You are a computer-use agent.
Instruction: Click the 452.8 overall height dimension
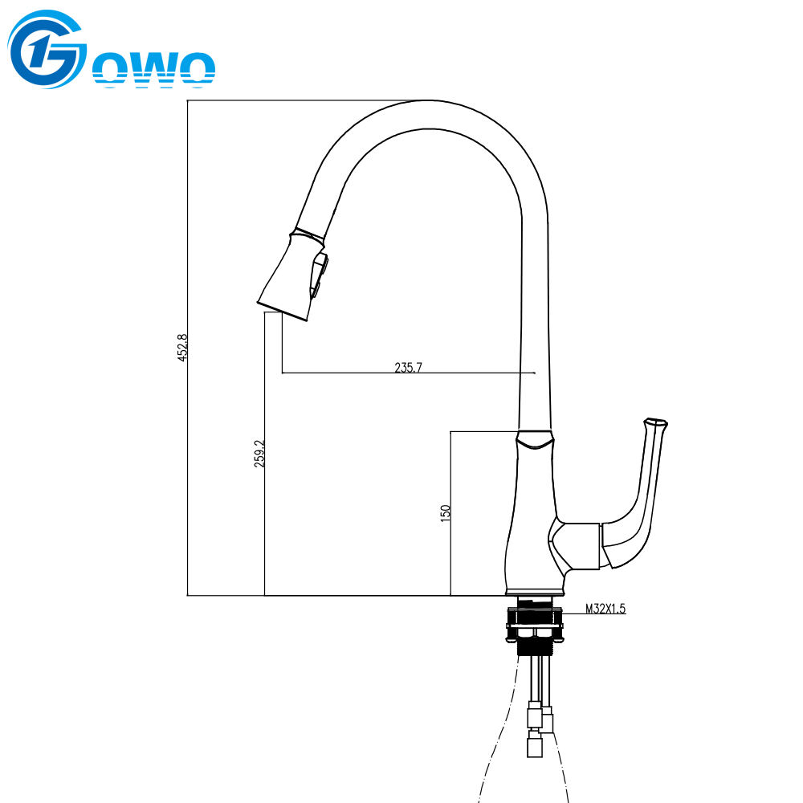[182, 348]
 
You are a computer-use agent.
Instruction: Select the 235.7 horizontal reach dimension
[408, 368]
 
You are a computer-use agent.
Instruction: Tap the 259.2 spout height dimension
[259, 454]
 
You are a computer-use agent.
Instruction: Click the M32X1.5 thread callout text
[605, 609]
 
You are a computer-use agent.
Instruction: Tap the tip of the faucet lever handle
[656, 422]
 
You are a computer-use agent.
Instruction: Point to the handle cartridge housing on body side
[574, 545]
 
